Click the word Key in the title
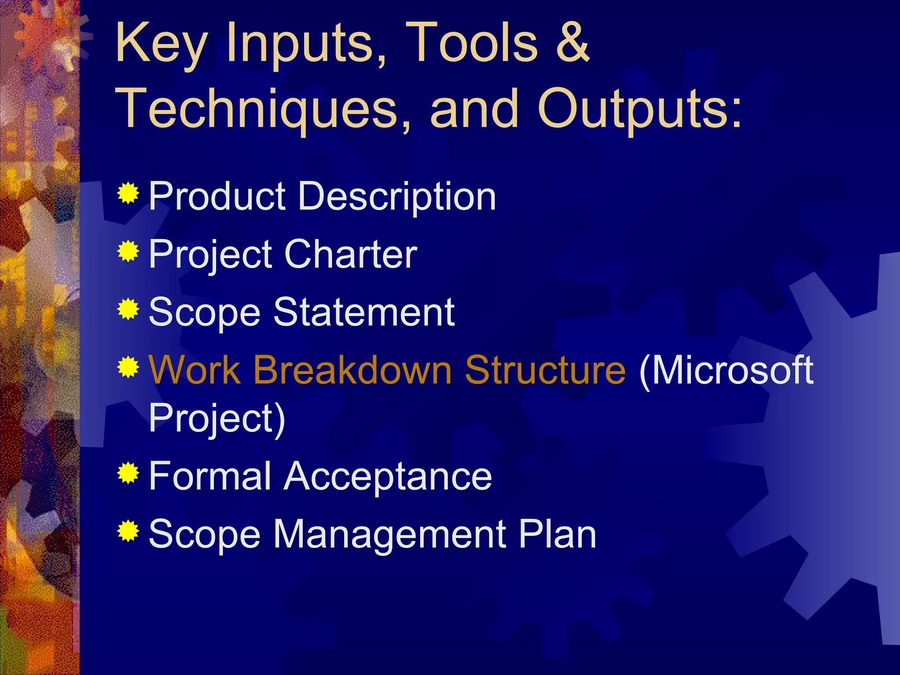[161, 44]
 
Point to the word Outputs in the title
[639, 109]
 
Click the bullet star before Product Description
[128, 193]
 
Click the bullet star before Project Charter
[128, 251]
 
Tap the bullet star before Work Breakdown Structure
[128, 367]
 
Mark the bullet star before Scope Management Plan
[128, 531]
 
